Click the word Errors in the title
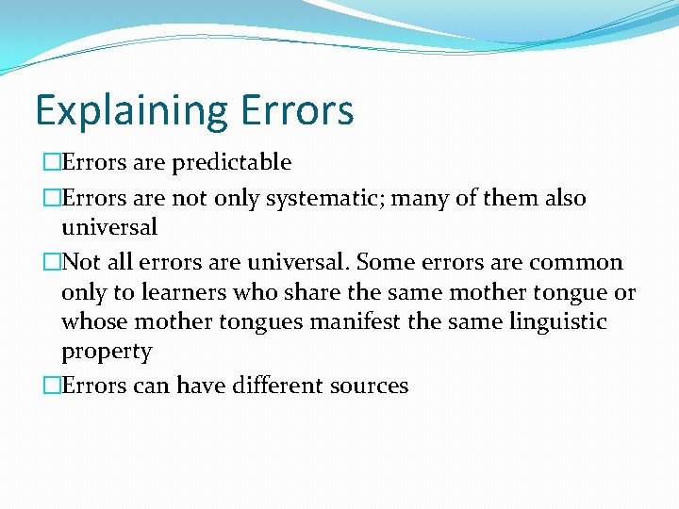click(x=297, y=109)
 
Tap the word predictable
click(x=231, y=163)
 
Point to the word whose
click(x=94, y=322)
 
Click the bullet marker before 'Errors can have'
click(x=51, y=386)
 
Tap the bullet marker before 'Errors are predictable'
click(x=51, y=163)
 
